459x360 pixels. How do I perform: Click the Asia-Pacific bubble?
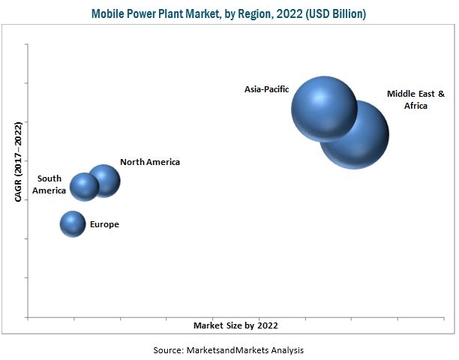323,109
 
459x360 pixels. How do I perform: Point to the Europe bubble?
73,223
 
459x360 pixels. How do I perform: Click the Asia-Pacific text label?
265,89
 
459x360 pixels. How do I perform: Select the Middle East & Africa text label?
416,100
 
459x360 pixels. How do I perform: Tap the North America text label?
150,162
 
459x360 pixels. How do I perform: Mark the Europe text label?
104,224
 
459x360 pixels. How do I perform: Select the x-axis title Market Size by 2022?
235,325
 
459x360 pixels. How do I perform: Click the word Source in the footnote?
168,350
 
